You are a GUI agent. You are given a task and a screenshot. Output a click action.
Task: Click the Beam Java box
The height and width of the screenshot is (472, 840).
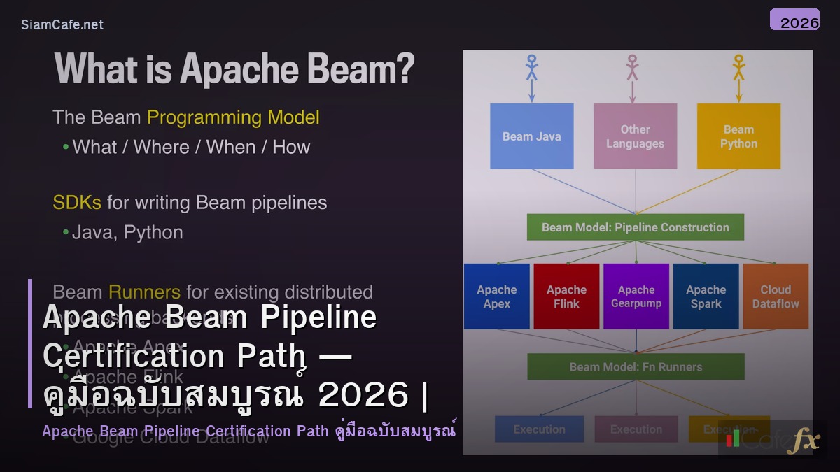531,136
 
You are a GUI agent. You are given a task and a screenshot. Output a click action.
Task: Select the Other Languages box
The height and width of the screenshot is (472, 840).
635,136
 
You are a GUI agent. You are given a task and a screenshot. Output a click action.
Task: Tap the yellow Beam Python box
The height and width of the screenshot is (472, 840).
738,136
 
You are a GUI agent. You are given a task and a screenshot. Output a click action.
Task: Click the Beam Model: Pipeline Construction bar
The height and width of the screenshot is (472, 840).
635,227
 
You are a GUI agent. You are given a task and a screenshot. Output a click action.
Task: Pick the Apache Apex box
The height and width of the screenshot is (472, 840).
496,296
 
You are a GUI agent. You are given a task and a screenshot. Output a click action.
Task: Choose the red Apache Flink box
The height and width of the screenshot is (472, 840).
566,296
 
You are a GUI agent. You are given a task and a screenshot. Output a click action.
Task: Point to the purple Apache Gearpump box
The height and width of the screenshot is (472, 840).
636,296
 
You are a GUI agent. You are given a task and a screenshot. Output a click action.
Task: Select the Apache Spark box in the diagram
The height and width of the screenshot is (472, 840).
706,296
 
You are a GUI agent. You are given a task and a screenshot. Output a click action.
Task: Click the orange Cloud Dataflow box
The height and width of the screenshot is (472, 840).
776,296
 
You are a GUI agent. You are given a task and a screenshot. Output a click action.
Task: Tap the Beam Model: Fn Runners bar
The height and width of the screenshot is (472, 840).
635,366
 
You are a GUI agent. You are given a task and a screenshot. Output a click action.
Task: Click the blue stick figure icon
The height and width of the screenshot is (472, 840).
531,68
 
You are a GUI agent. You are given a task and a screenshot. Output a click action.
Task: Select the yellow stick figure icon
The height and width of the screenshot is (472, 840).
738,68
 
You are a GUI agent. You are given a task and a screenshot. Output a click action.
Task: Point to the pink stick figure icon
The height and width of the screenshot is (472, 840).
633,68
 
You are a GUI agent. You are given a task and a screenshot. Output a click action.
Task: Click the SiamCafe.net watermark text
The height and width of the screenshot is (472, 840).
62,24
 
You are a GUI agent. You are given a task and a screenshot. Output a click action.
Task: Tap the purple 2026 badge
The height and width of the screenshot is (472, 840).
794,20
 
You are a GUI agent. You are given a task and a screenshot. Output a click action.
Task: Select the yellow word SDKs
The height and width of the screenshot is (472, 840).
77,203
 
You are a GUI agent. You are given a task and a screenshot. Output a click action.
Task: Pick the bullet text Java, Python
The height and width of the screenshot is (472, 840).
127,232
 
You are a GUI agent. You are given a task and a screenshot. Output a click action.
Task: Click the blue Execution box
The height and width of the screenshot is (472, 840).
539,429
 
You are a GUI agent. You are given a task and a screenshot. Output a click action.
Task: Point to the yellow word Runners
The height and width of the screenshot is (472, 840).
144,292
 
